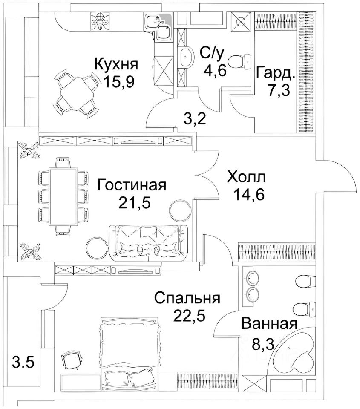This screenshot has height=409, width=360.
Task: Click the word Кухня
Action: pyautogui.click(x=116, y=65)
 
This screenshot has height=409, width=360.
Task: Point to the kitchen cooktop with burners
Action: pyautogui.click(x=100, y=21)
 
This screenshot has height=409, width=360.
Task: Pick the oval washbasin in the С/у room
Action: pyautogui.click(x=186, y=58)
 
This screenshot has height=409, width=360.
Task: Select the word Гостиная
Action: pyautogui.click(x=131, y=185)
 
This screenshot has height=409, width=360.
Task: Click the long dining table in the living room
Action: pyautogui.click(x=64, y=196)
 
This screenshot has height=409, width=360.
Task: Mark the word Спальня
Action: pyautogui.click(x=187, y=298)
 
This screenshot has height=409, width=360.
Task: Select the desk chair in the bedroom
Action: pyautogui.click(x=70, y=360)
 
